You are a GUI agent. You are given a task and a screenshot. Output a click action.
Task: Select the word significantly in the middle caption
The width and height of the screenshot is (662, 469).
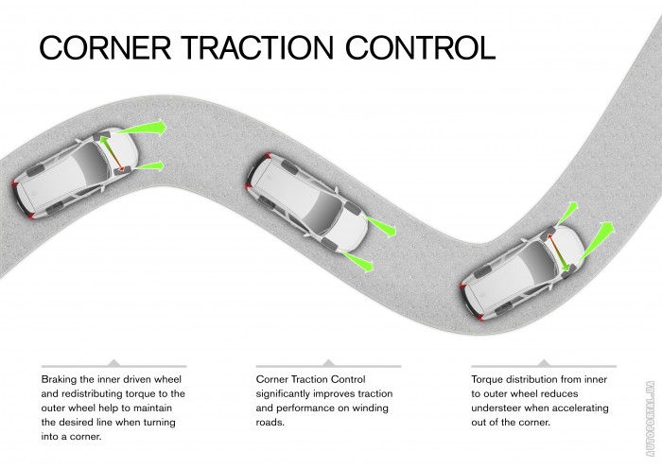click(x=292, y=392)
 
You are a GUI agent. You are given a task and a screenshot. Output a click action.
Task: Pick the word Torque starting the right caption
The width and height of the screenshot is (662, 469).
click(x=491, y=378)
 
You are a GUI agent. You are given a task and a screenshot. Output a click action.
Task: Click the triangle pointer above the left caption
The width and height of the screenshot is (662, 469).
click(x=113, y=361)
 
